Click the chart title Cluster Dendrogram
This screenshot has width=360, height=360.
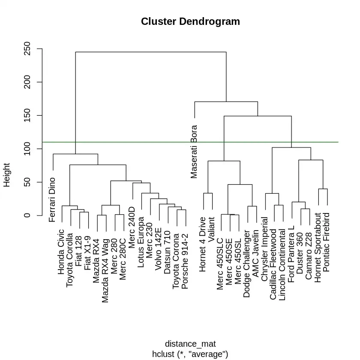click(190, 21)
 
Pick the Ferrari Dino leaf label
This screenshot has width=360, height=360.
click(52, 200)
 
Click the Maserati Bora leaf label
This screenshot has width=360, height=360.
click(194, 151)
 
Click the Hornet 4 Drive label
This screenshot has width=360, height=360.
click(203, 251)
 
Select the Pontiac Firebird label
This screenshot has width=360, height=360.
click(327, 242)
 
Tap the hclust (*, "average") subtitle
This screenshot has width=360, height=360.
click(190, 354)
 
